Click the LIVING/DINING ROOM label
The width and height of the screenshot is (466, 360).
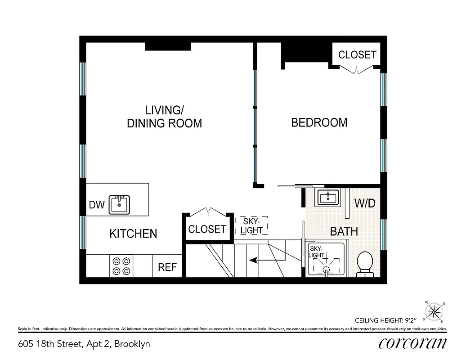click(x=164, y=117)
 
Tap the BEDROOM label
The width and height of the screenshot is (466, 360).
click(x=319, y=122)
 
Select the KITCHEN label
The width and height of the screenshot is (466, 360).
click(x=133, y=234)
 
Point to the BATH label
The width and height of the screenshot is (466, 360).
click(x=344, y=231)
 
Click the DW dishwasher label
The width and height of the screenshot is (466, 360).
click(x=96, y=205)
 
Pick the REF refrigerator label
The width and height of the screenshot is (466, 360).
click(x=167, y=267)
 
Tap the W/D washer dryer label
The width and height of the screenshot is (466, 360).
click(x=364, y=203)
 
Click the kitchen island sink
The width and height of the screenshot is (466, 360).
click(x=119, y=204)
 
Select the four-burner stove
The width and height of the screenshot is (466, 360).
click(x=121, y=265)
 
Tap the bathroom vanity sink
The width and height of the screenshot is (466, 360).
click(x=328, y=197)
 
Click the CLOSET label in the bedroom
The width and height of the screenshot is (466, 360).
click(x=357, y=54)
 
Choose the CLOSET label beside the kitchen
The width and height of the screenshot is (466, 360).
click(x=207, y=229)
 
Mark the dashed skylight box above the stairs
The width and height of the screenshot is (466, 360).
click(x=252, y=226)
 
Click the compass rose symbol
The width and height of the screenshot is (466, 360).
click(x=434, y=310)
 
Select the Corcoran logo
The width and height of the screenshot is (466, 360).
click(x=413, y=343)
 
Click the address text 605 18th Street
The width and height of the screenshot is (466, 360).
click(x=84, y=344)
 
